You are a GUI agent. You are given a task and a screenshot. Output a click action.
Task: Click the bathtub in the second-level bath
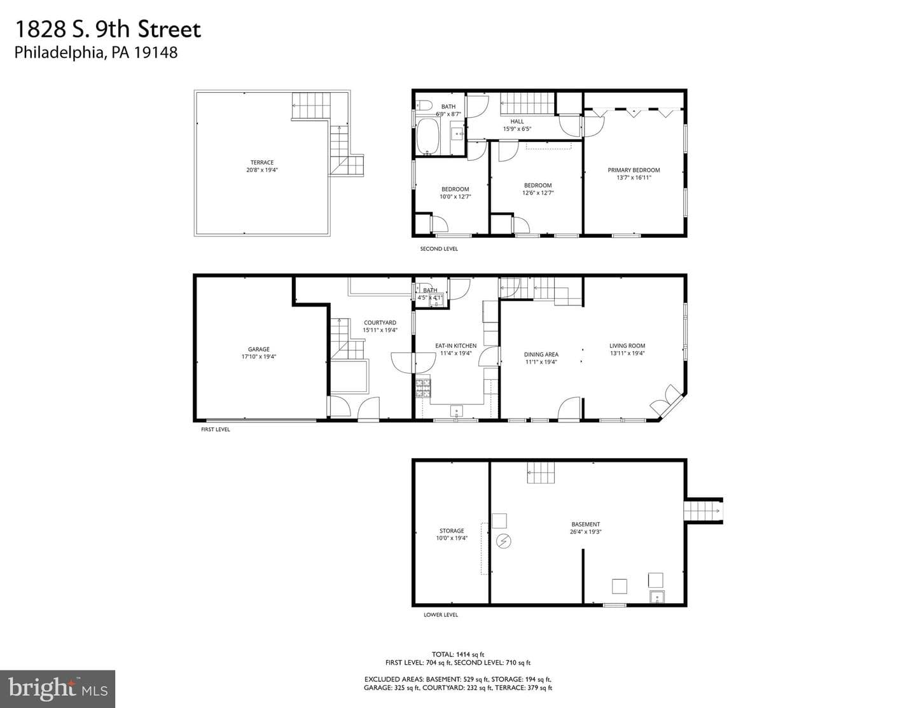(428, 137)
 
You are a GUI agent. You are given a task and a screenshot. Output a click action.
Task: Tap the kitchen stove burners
(423, 388)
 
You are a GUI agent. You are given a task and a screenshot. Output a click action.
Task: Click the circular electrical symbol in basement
(503, 541)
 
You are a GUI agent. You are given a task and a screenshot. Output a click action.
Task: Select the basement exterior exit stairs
(702, 511)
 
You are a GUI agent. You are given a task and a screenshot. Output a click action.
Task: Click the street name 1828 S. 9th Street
(108, 29)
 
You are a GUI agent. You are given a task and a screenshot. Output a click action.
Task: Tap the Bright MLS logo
(58, 689)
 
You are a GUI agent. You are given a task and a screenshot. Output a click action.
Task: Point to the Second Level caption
(439, 249)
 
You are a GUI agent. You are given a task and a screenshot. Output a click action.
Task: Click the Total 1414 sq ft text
(458, 655)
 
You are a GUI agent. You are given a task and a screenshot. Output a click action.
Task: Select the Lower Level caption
(440, 615)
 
